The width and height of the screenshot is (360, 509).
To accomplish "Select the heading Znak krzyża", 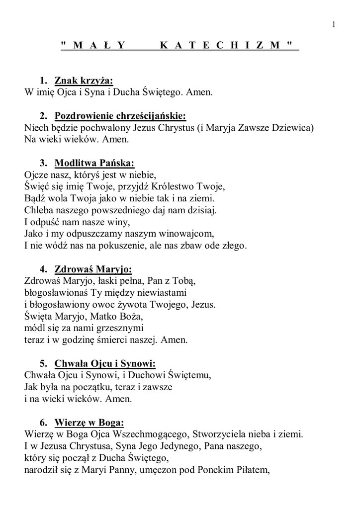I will pos(84,81).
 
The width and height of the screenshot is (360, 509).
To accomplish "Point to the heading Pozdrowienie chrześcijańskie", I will pos(120,116).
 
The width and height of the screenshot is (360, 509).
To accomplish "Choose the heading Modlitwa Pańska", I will pos(95,163).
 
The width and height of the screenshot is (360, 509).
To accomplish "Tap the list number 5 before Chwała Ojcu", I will pos(44,363).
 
